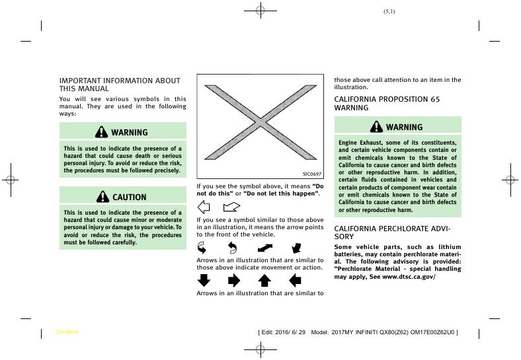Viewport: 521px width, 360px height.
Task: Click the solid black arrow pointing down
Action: click(x=204, y=280)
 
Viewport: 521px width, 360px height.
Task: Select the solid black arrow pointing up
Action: click(x=264, y=280)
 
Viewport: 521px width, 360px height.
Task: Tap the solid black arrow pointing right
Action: click(x=234, y=280)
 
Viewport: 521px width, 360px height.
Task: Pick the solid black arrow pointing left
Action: click(x=295, y=280)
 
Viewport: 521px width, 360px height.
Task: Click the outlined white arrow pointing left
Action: click(x=204, y=206)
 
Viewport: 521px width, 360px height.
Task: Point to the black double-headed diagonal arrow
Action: click(x=265, y=248)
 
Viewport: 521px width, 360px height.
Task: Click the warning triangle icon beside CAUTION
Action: click(x=102, y=197)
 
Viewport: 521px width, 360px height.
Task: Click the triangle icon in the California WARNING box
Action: click(x=376, y=127)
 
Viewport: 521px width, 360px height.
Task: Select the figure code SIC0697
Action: click(x=311, y=174)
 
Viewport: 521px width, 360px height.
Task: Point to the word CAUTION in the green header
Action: click(x=130, y=197)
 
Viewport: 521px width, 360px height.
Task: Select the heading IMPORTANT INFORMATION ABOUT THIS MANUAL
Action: click(x=120, y=85)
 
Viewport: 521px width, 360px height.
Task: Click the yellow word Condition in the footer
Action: click(x=67, y=332)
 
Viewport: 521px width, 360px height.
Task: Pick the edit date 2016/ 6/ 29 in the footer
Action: click(x=292, y=332)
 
